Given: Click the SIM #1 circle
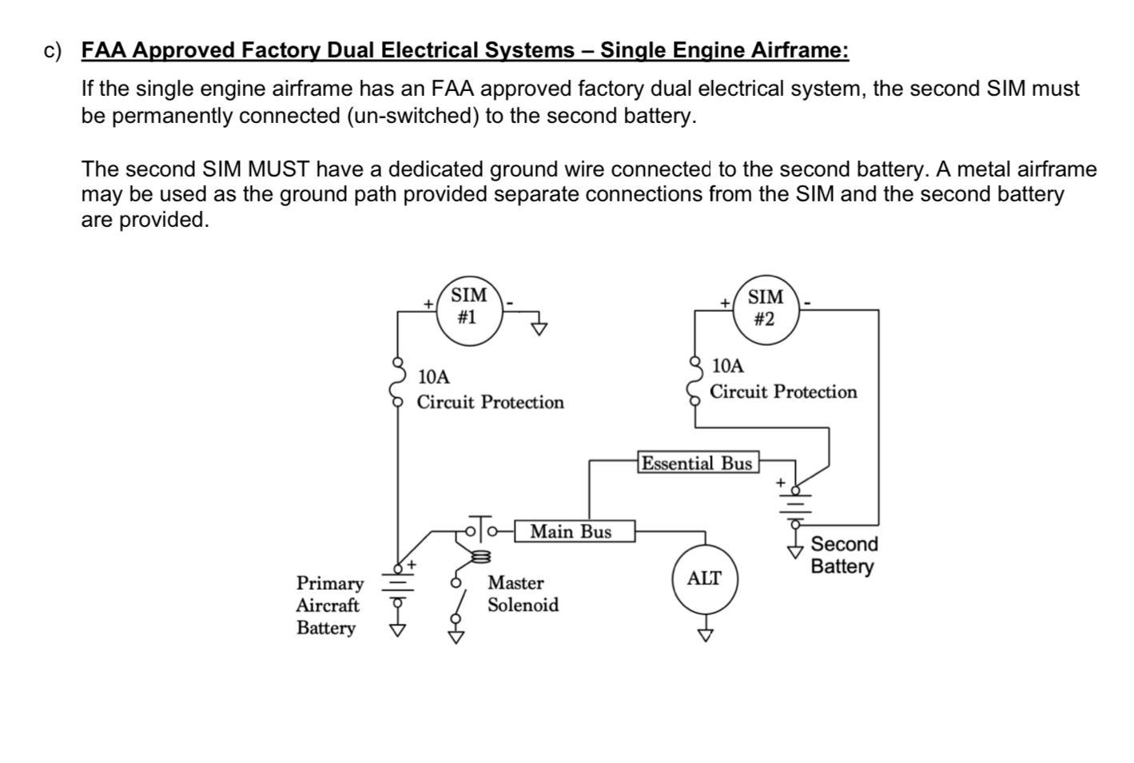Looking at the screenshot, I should pos(469,312).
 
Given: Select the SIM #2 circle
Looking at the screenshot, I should pos(766,310).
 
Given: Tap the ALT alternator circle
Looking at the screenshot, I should pos(704,579).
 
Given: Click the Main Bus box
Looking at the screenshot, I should pos(571,531).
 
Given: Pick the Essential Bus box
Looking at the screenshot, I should pos(697,463).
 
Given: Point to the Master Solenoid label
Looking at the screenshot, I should pos(523,594).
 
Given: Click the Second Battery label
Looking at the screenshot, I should pos(843,555).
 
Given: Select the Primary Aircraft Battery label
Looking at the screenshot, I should pos(328,606).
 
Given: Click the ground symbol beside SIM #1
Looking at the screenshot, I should pos(540,327).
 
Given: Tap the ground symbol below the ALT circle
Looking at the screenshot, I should pos(705,635).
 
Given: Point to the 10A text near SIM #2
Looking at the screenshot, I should pos(727,366).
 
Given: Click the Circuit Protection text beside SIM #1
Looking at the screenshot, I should pos(490,402).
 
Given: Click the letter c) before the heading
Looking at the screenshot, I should pos(53,51).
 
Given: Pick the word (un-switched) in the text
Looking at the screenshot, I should pos(412,116).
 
